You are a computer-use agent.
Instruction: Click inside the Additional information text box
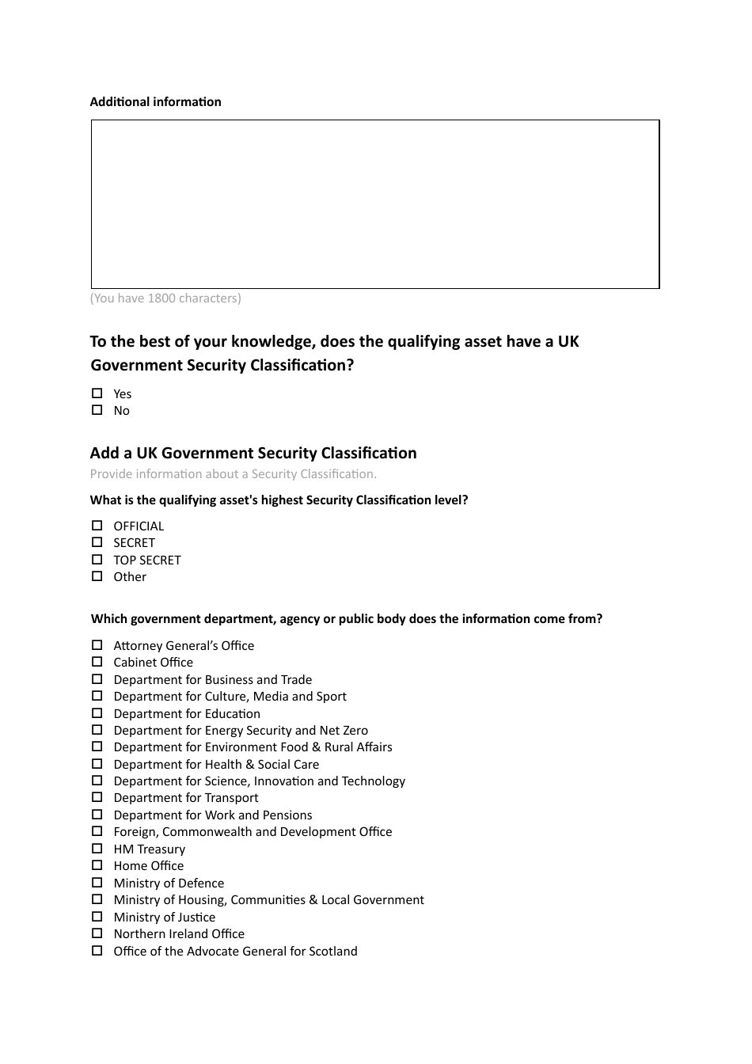coord(375,204)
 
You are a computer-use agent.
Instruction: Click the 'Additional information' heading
coord(155,101)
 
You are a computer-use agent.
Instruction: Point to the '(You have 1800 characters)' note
coord(165,298)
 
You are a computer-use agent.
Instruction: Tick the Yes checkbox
coord(97,393)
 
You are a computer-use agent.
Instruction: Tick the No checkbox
coord(97,410)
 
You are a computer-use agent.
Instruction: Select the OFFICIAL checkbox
coord(97,526)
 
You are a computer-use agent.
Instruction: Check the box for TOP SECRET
coord(97,560)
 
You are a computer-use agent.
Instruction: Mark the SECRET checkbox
coord(97,542)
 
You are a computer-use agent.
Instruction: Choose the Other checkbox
coord(97,576)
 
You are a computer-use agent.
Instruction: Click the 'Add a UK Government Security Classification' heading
coord(253,453)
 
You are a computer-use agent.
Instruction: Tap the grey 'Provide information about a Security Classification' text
coord(233,474)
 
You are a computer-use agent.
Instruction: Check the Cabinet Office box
coord(97,662)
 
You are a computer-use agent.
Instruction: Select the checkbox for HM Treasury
coord(97,849)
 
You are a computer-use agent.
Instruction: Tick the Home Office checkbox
coord(97,865)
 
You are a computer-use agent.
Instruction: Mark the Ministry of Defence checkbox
coord(97,883)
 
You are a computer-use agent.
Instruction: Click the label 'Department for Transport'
coord(185,798)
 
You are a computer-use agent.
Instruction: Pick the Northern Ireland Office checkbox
coord(97,933)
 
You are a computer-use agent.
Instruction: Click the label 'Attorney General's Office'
coord(184,646)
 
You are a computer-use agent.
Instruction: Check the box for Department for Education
coord(97,713)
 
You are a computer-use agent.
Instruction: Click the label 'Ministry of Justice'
coord(164,917)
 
